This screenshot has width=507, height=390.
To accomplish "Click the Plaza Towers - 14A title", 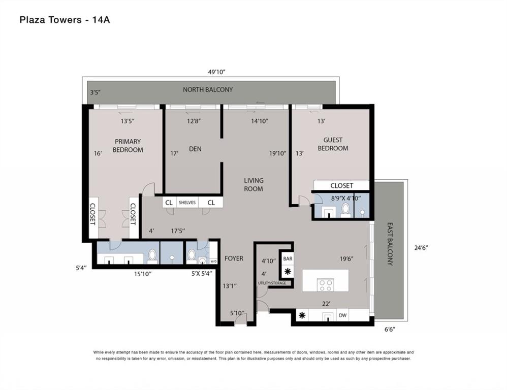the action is (65, 20).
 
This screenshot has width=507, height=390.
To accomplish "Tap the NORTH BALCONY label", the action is (208, 90).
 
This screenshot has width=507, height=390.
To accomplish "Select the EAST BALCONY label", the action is (390, 244).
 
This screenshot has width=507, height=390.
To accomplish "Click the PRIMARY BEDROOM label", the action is (128, 146).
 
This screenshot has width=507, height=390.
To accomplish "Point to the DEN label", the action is (195, 149).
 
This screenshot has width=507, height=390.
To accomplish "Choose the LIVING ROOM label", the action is (253, 185).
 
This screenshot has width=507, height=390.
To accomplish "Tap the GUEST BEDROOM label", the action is (333, 144).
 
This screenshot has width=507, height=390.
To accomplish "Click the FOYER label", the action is (234, 258).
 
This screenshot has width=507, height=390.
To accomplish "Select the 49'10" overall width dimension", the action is (216, 72).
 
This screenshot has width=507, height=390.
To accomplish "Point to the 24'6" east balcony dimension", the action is (421, 248).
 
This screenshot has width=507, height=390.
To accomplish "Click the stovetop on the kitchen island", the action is (326, 285).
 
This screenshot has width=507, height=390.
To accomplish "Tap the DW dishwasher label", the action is (342, 315).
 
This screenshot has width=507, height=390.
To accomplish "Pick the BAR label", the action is (288, 258).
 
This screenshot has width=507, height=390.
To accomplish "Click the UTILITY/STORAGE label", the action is (272, 283).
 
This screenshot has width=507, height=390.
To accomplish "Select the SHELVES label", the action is (187, 203).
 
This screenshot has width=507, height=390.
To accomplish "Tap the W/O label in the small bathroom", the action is (213, 261).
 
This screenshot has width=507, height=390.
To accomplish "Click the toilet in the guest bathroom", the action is (346, 210).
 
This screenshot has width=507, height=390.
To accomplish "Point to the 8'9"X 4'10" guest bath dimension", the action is (345, 198).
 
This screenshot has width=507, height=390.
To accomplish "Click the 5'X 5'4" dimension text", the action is (202, 274).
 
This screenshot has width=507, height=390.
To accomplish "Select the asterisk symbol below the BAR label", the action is (288, 271).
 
